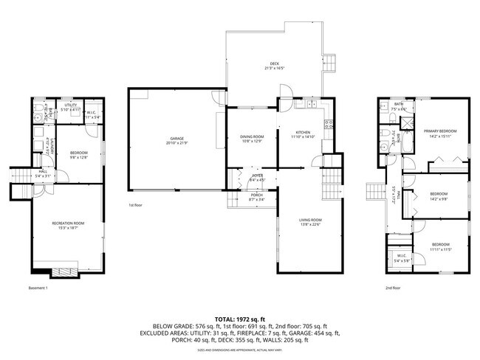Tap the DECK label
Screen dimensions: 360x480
coord(275,65)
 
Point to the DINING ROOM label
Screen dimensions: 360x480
coord(252,138)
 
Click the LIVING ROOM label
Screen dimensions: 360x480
coord(309,221)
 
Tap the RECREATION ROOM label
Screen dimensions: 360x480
coord(68,225)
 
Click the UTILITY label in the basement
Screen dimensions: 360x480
coord(71,108)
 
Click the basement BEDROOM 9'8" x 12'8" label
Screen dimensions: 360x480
coord(79,155)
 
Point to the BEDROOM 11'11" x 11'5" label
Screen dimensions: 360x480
coord(439,246)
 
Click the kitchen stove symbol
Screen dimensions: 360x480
coord(329,123)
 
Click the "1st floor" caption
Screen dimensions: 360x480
coord(136,204)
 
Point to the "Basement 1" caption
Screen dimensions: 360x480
coord(38,287)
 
